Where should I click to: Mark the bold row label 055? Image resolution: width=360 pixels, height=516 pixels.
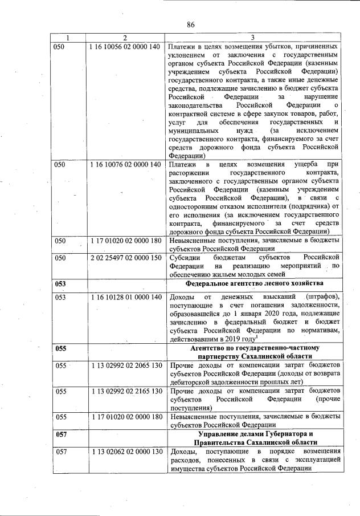60,347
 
